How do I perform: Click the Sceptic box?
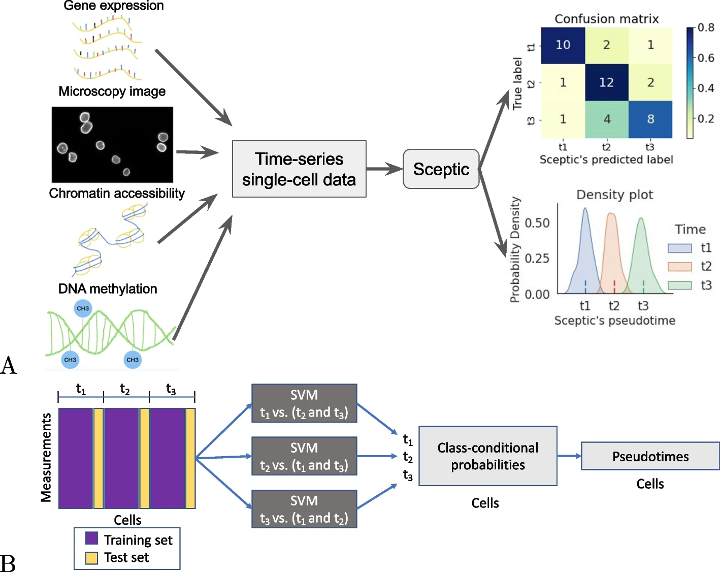(x=441, y=169)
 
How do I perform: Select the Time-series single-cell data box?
(x=299, y=169)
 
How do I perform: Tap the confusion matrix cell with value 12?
(x=607, y=82)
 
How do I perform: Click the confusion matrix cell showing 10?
(x=563, y=45)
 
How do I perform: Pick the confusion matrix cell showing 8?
(x=650, y=119)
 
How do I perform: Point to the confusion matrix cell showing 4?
(x=607, y=119)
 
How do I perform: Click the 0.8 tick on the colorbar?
(x=706, y=27)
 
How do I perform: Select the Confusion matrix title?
(x=606, y=19)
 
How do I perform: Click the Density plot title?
(x=614, y=195)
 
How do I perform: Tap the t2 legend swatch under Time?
(x=679, y=267)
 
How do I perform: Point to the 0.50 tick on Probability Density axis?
(x=537, y=223)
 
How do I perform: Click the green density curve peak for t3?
(x=641, y=219)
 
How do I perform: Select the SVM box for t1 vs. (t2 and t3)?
(x=304, y=403)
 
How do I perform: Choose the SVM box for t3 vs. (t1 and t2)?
(x=304, y=509)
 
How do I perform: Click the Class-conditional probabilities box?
(x=488, y=456)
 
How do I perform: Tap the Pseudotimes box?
(x=650, y=456)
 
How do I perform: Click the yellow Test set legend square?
(x=91, y=558)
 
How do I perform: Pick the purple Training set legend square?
(x=91, y=538)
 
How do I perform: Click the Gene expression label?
(x=114, y=6)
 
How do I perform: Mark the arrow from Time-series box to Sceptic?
(x=384, y=169)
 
